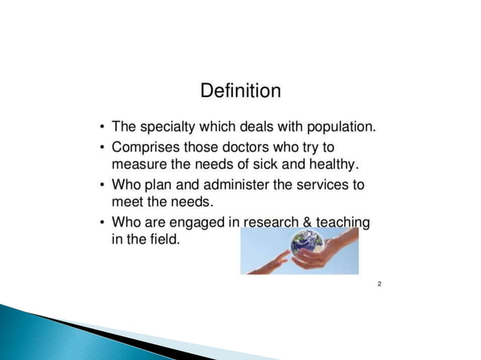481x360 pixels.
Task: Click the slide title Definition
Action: (240, 91)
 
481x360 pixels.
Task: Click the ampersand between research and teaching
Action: (308, 222)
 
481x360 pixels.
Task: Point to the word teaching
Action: (343, 222)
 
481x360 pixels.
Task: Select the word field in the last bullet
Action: (164, 241)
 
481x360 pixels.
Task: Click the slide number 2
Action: (379, 284)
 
